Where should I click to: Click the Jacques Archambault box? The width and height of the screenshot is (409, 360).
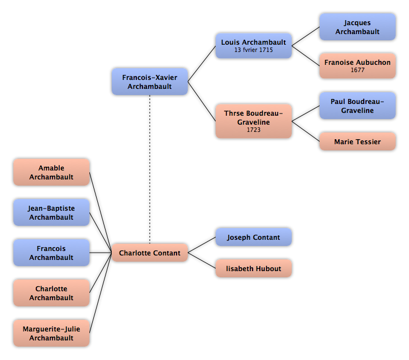[x=358, y=27]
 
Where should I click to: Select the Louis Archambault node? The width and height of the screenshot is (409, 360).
[x=254, y=46]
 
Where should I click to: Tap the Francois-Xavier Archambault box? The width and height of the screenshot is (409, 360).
[x=150, y=82]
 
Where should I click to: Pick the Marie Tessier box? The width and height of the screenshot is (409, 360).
[x=358, y=141]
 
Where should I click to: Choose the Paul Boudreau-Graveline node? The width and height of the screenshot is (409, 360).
[x=358, y=106]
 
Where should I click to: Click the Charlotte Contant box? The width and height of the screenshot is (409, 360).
[x=150, y=253]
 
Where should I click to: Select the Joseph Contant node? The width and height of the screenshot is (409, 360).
[x=254, y=237]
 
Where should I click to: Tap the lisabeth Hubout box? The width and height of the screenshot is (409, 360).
[x=254, y=268]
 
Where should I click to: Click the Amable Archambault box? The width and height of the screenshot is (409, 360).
[x=51, y=172]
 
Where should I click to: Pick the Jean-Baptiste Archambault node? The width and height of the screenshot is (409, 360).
[x=51, y=212]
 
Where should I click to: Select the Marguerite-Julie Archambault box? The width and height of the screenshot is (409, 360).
[x=51, y=333]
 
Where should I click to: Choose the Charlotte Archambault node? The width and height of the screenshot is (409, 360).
[x=51, y=293]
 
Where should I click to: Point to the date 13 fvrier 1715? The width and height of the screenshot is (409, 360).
[x=254, y=50]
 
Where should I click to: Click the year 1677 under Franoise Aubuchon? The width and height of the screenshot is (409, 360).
[x=358, y=70]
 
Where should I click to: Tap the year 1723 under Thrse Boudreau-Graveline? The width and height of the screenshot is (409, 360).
[x=254, y=130]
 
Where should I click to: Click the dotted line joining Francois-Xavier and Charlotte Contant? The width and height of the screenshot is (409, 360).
[x=150, y=169]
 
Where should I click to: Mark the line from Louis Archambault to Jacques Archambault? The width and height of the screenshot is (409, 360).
[x=306, y=36]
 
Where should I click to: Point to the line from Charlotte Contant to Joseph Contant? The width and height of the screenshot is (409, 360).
[x=202, y=245]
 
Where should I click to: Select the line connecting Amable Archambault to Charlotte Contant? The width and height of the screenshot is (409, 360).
[x=101, y=212]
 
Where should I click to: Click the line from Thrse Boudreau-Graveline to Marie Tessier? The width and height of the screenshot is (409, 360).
[x=306, y=131]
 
